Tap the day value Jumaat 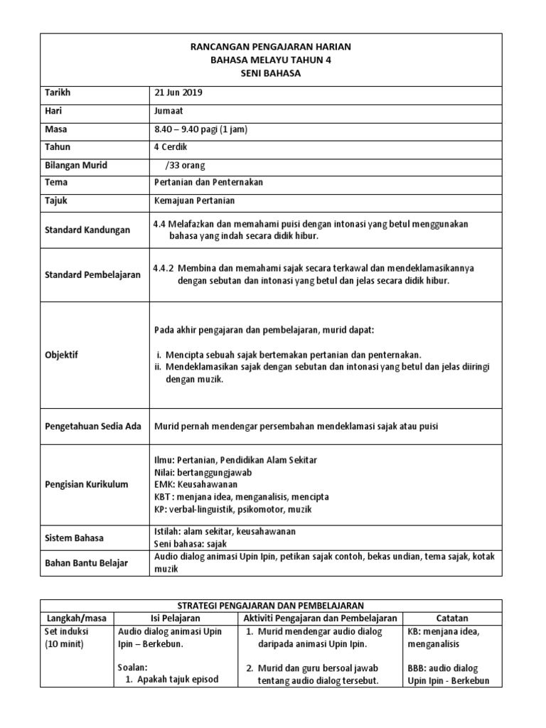tap(169, 111)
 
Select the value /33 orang tap(184, 165)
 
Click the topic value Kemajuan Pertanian tap(194, 201)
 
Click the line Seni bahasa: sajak tap(190, 544)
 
